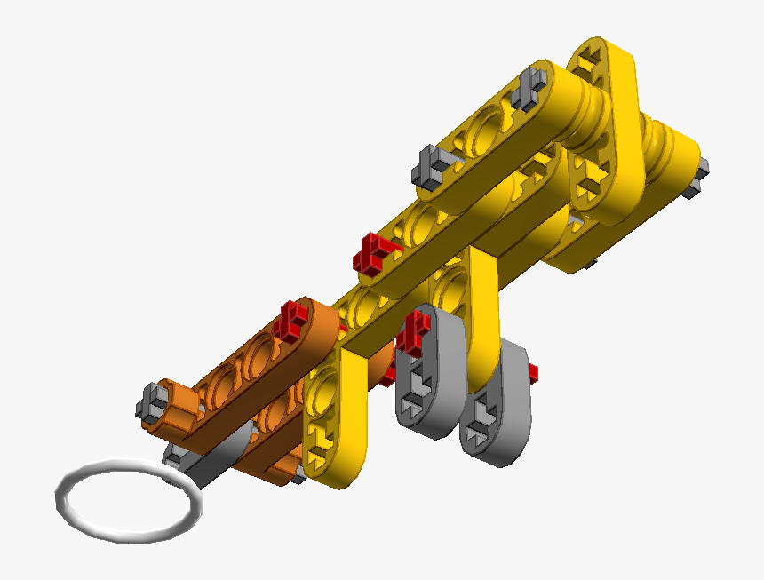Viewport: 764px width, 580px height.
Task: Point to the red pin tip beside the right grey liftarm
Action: [x=535, y=371]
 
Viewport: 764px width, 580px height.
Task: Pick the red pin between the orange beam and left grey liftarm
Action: [x=388, y=377]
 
